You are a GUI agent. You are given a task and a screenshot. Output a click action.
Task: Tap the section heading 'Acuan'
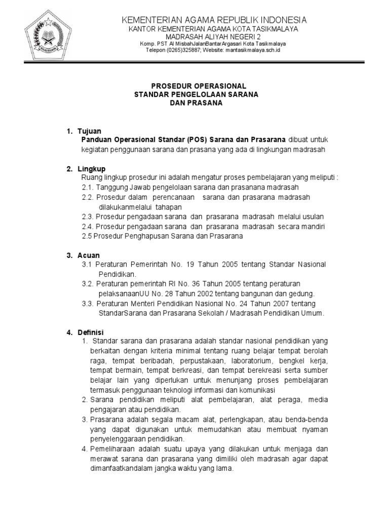89,255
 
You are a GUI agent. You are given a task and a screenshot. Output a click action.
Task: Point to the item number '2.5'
87,236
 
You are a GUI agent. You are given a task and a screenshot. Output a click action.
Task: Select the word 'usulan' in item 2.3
314,216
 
